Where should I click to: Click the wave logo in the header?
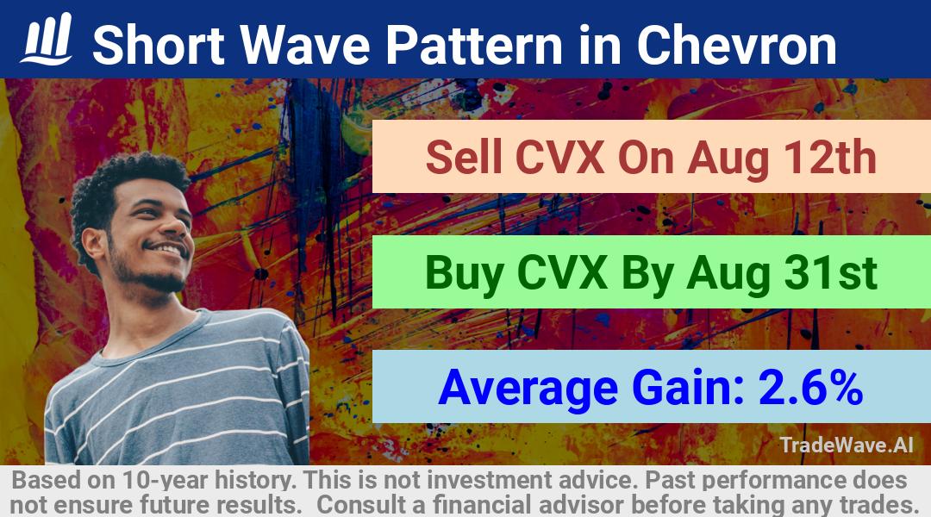47,39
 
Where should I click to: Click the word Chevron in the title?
737,45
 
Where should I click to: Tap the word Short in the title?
159,45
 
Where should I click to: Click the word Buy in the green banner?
465,274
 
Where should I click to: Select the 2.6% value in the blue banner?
810,387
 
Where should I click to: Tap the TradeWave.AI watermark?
847,445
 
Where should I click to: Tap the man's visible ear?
94,244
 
